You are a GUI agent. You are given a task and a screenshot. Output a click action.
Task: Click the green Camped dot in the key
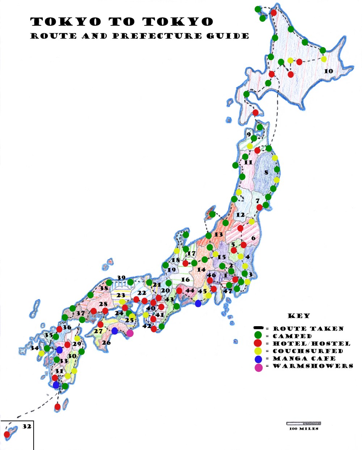[258, 336]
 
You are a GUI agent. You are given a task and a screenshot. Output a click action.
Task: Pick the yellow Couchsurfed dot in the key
[258, 351]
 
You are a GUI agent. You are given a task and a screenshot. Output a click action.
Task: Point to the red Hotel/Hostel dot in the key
[258, 343]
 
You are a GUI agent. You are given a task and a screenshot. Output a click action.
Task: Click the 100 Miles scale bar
[303, 423]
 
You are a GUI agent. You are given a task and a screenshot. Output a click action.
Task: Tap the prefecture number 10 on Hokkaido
[328, 71]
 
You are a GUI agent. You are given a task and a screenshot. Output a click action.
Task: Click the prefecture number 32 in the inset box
[27, 426]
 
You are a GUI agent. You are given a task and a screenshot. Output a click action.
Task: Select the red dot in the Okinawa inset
[7, 434]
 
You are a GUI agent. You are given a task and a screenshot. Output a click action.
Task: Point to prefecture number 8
[266, 173]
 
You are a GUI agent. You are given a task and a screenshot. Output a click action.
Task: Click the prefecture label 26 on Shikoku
[106, 343]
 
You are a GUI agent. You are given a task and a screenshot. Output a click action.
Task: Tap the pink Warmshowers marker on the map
[130, 333]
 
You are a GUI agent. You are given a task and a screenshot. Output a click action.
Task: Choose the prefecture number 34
[34, 348]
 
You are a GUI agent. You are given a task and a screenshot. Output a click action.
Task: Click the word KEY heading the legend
[299, 316]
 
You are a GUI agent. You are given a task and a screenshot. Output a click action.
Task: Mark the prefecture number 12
[240, 215]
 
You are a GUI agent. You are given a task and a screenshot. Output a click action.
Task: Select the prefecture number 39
[121, 278]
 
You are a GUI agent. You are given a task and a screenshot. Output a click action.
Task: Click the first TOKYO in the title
[66, 22]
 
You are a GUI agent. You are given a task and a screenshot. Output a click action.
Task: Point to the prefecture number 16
[185, 279]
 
